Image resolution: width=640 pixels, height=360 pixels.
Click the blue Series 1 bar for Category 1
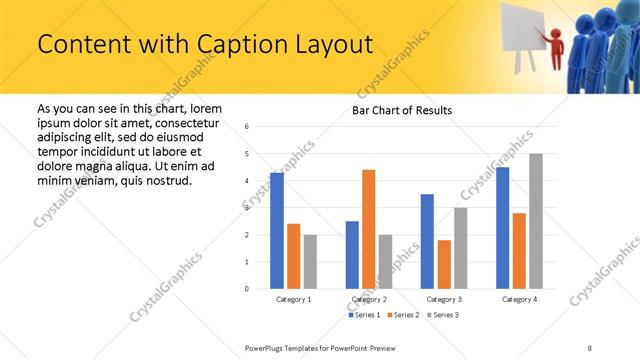(x=276, y=231)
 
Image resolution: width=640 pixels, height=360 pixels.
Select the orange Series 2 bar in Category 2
(x=368, y=229)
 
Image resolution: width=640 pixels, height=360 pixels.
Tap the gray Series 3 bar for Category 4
(x=536, y=221)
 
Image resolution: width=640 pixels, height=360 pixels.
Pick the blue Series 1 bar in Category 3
(x=427, y=241)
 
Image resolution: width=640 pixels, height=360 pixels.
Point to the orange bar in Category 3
(x=444, y=264)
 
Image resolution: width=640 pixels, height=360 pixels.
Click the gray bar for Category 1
(x=310, y=262)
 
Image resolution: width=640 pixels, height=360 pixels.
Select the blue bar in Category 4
(x=502, y=228)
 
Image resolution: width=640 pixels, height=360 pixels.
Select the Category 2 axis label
(x=369, y=300)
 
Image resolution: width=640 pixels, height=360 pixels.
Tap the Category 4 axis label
(x=519, y=300)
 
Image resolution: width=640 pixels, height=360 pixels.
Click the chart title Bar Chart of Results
(x=402, y=110)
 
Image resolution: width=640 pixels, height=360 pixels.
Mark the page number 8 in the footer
(x=590, y=347)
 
